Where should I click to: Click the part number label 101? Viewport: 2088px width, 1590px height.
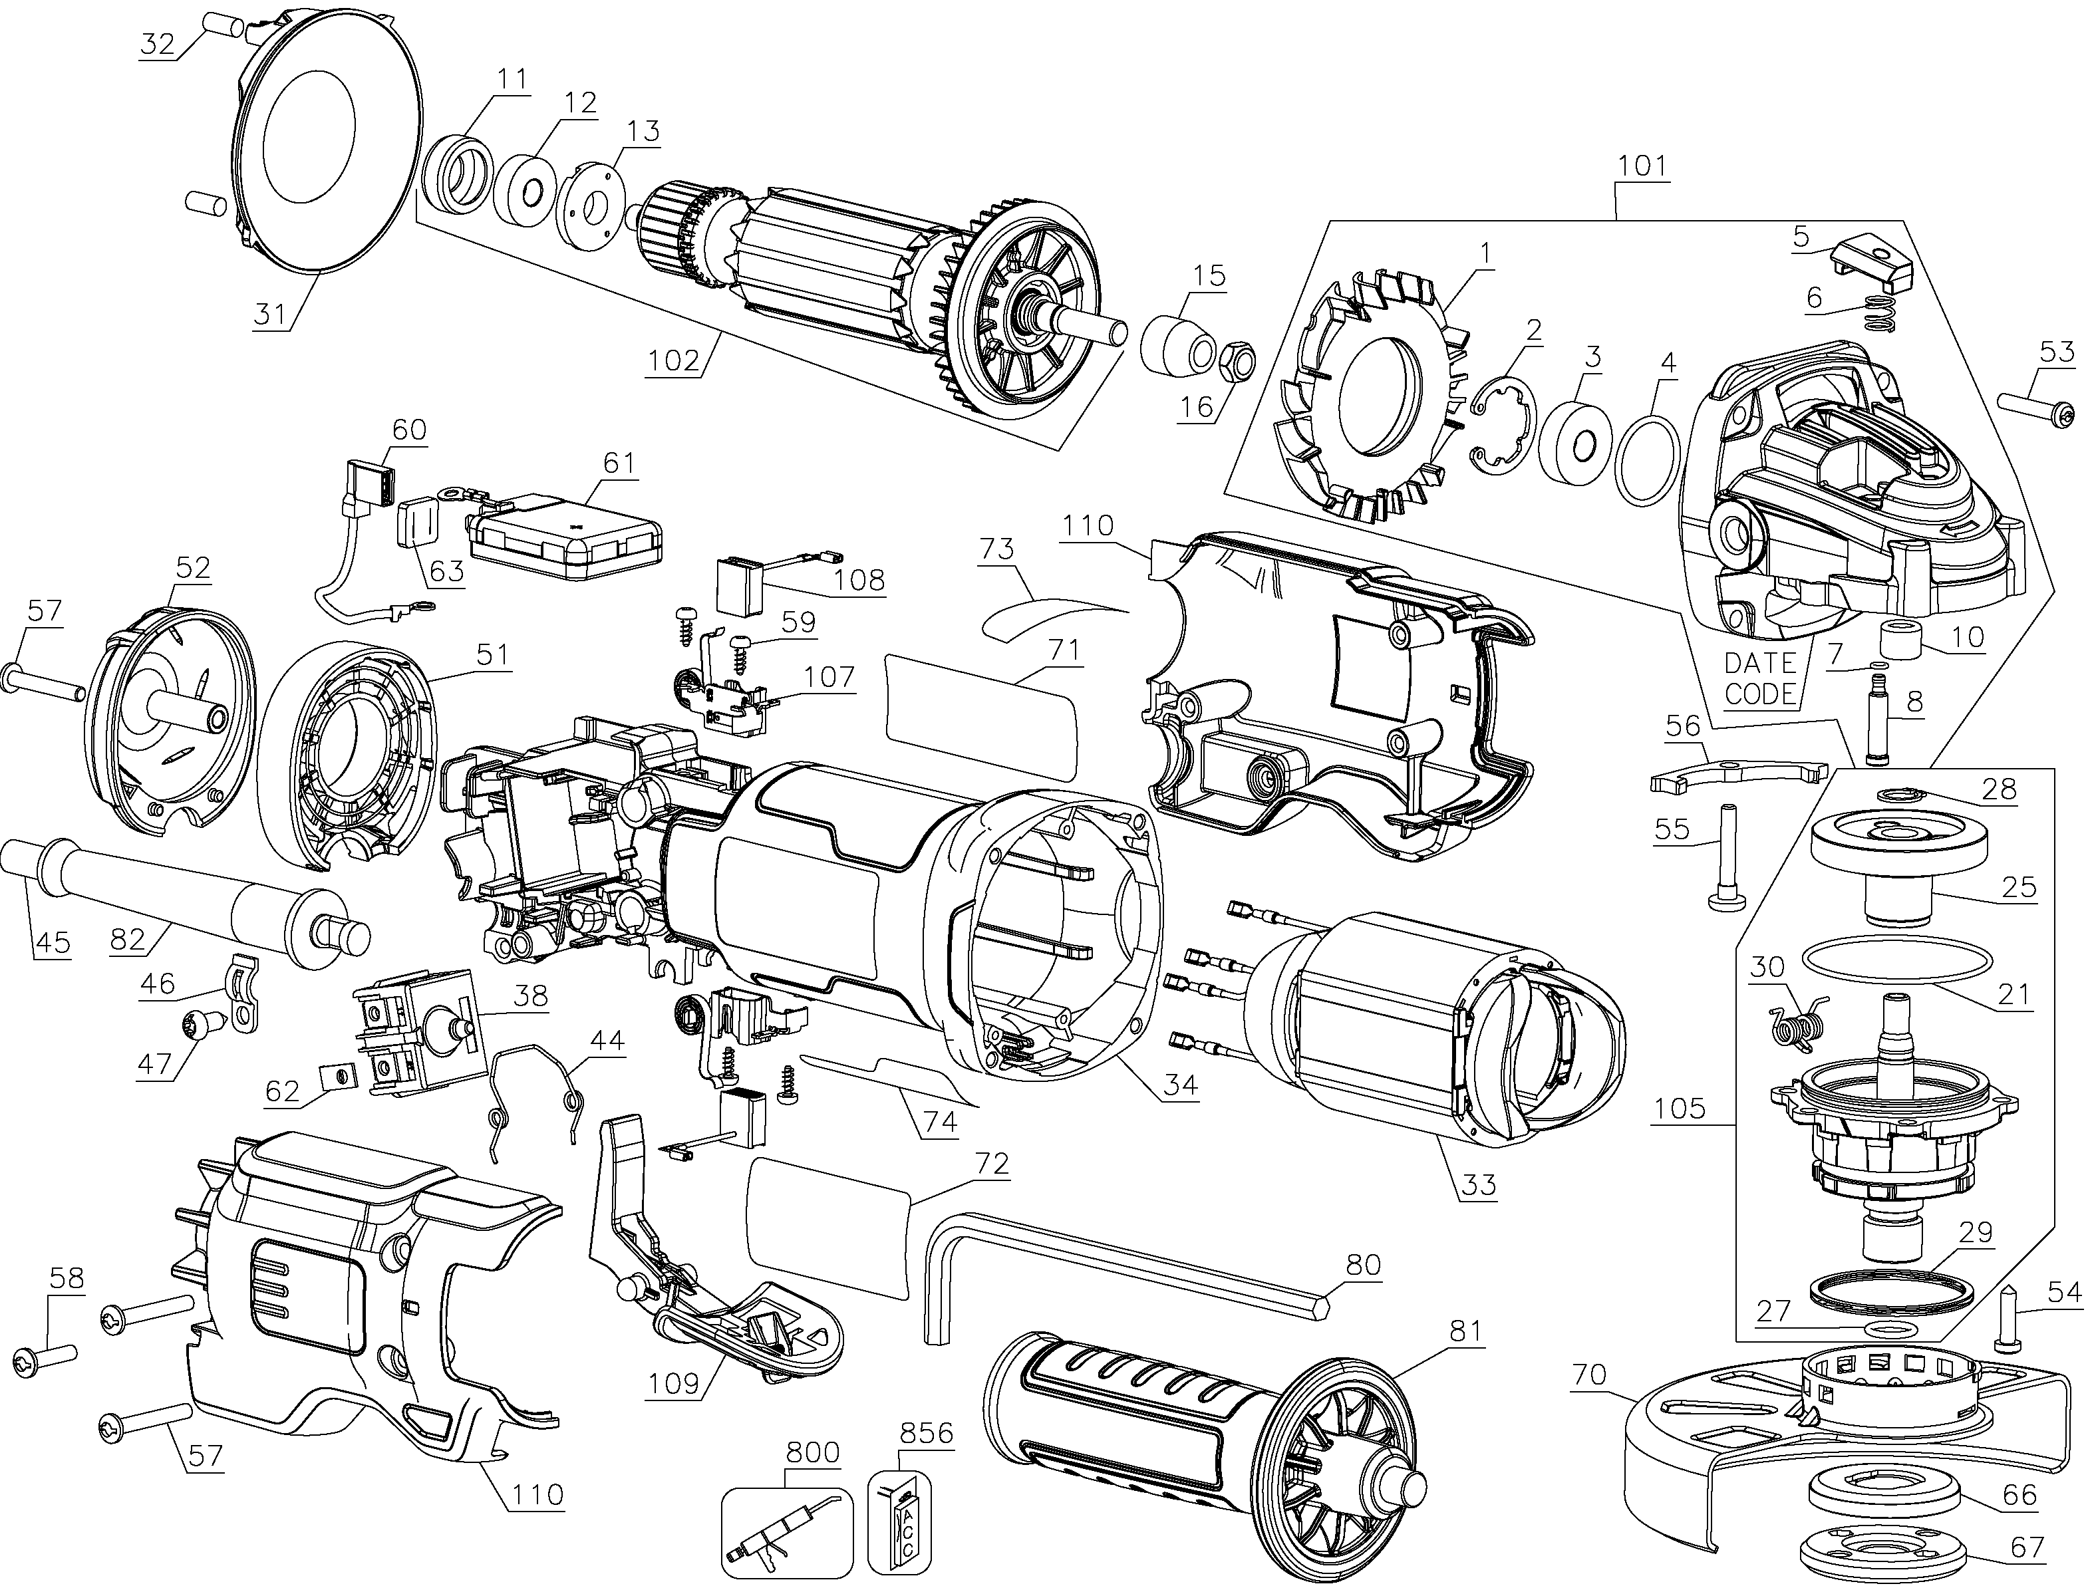click(x=1642, y=166)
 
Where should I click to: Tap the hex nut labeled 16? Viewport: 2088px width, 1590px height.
click(x=1235, y=360)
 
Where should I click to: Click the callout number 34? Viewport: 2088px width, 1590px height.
click(x=1181, y=1085)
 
